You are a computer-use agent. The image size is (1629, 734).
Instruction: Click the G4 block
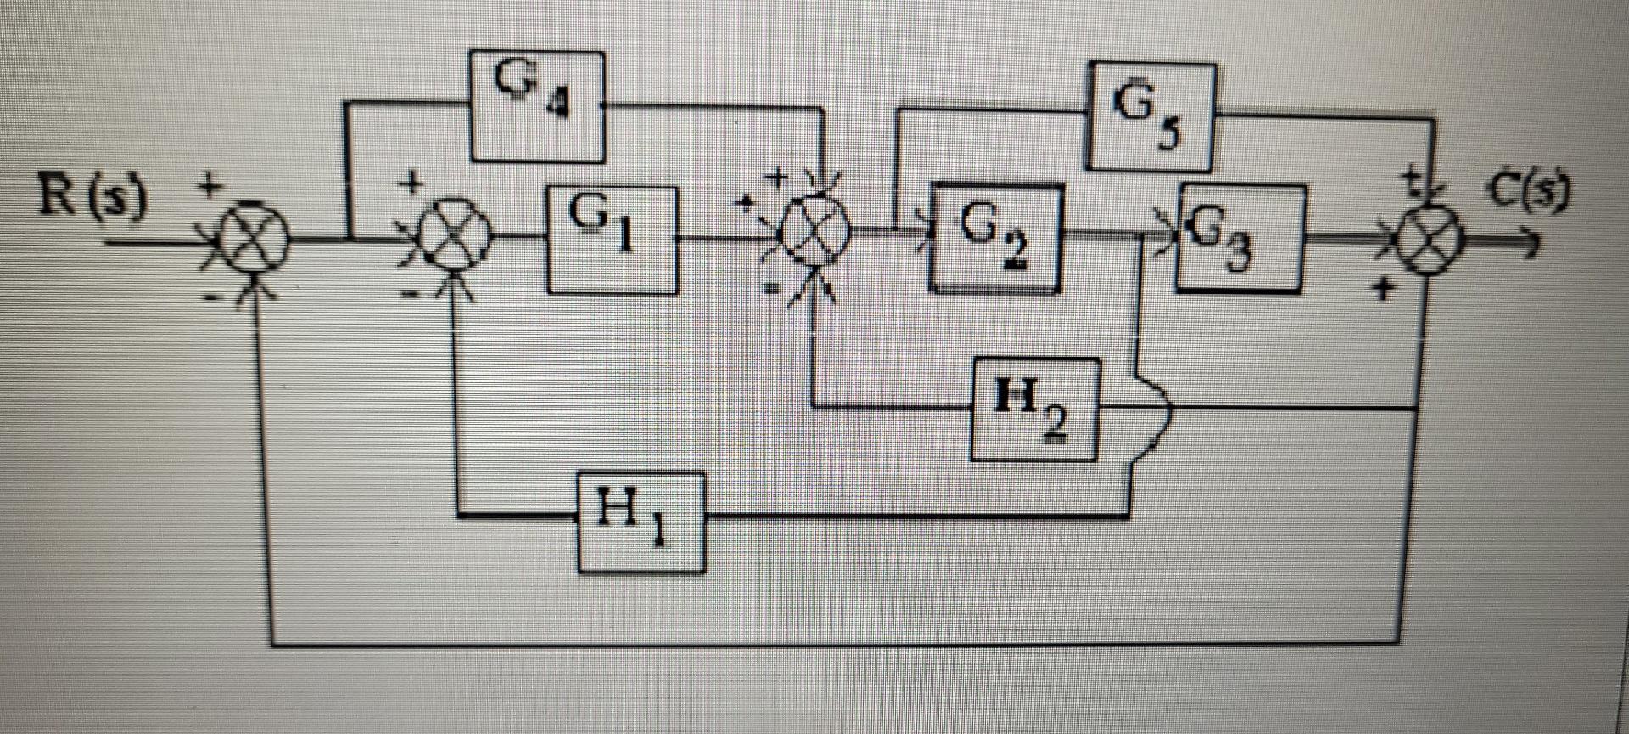point(537,106)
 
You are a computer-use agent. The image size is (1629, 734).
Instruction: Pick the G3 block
point(1240,238)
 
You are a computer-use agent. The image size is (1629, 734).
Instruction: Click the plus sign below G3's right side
point(1385,290)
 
